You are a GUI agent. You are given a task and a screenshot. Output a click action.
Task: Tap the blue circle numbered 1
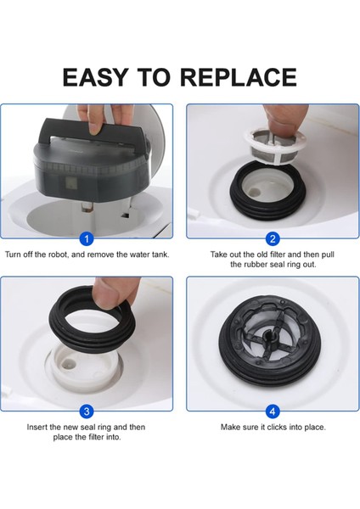click(86, 239)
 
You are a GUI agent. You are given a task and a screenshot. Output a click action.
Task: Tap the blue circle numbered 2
click(273, 239)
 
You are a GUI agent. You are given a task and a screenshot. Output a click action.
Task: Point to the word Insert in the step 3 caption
click(39, 427)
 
